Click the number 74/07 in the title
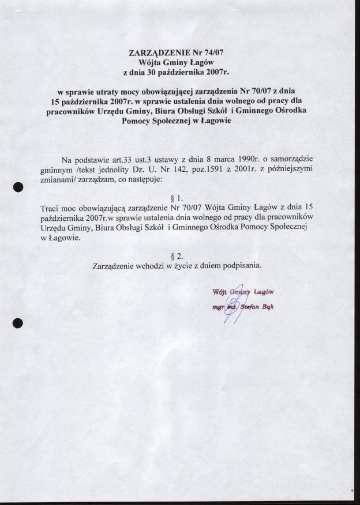pyautogui.click(x=211, y=52)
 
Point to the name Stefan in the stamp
pyautogui.click(x=250, y=307)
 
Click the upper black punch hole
pyautogui.click(x=18, y=187)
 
